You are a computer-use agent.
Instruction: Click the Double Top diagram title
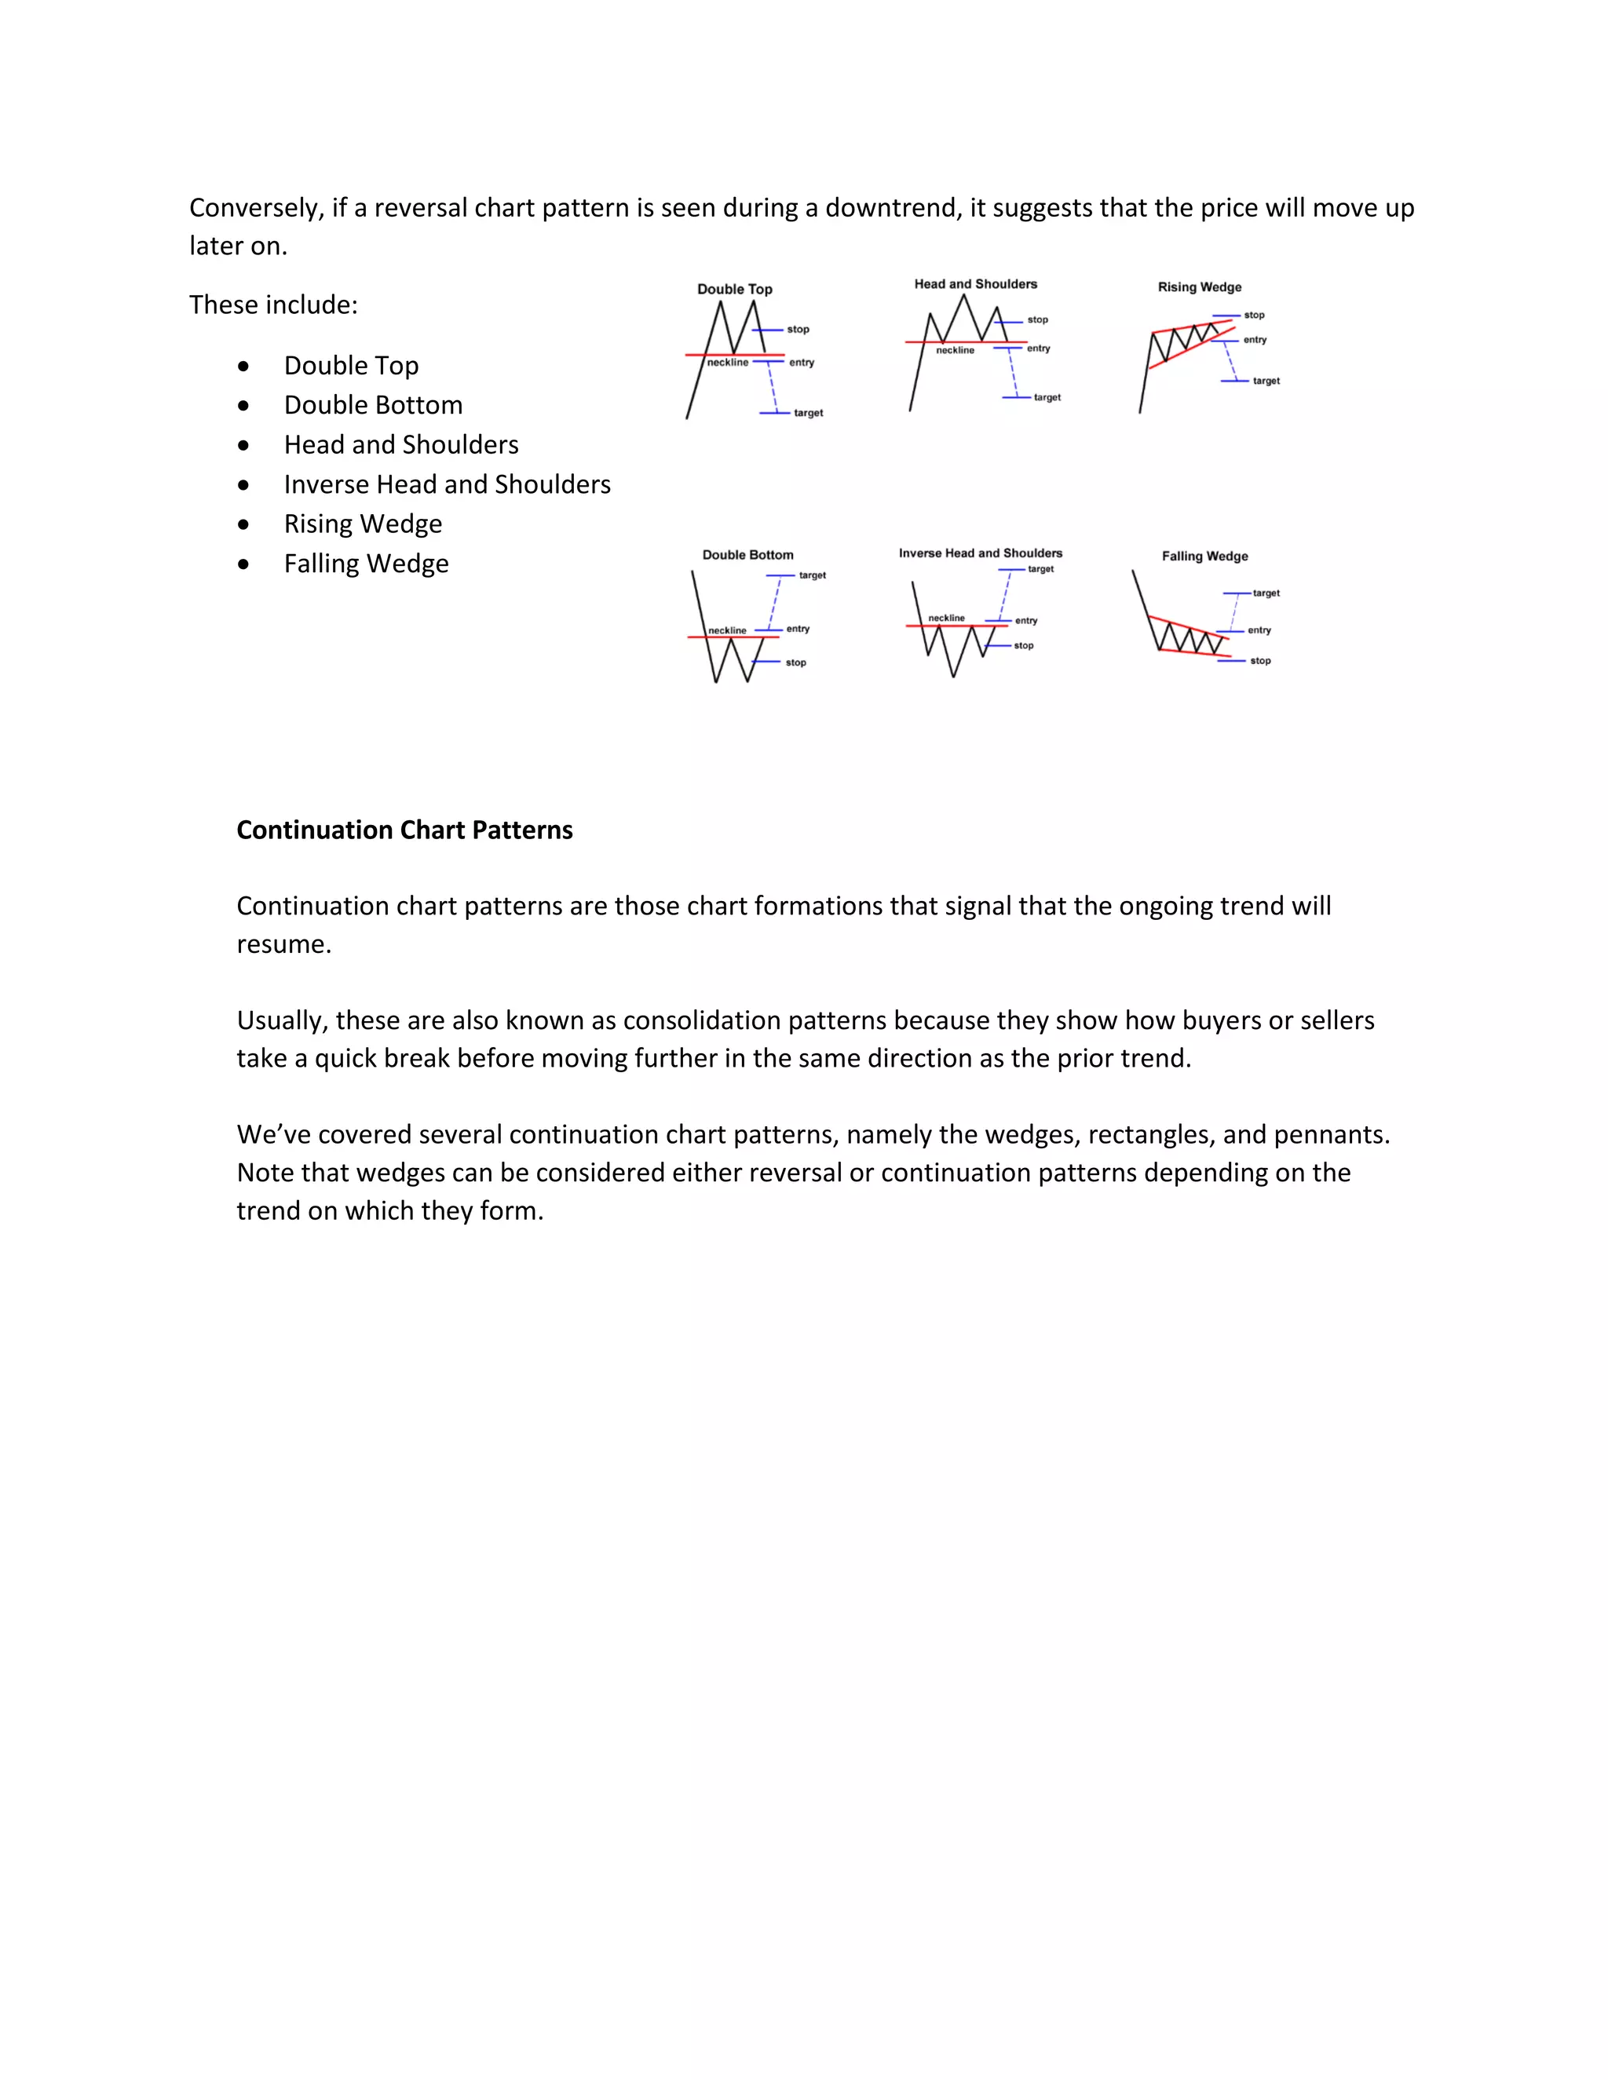734,289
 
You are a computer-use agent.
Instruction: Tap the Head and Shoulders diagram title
975,284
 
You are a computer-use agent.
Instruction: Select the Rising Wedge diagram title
1200,286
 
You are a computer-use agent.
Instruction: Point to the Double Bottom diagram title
747,554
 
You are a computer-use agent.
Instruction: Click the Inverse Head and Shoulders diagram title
980,553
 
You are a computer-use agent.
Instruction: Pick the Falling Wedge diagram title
1204,556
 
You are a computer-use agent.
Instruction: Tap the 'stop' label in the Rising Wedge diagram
1254,316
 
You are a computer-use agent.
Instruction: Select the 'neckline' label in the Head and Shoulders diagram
955,351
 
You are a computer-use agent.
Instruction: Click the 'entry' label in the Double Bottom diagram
798,629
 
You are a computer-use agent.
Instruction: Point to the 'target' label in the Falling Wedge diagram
1266,593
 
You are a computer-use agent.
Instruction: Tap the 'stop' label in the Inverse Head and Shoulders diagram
1023,646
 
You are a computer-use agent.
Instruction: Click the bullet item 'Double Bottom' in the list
374,405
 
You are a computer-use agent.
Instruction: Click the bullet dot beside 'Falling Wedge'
244,564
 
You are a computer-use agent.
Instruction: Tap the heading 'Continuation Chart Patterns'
404,830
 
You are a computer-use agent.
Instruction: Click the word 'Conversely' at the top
255,208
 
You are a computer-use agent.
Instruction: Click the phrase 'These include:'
273,305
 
